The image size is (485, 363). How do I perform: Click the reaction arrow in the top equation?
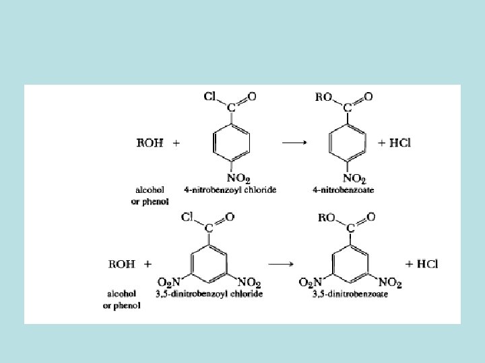(x=294, y=143)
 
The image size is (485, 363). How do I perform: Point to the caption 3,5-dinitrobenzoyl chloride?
(x=209, y=294)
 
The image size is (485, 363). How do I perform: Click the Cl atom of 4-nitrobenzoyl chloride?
(x=209, y=96)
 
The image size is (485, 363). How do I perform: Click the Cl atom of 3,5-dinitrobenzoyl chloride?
(x=188, y=217)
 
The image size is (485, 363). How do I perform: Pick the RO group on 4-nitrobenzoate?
(x=323, y=97)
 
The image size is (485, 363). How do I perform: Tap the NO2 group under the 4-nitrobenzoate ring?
(x=354, y=178)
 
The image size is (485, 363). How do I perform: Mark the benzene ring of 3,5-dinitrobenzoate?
(x=350, y=257)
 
